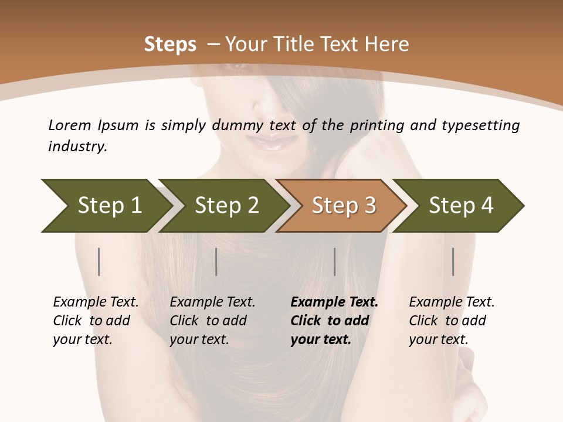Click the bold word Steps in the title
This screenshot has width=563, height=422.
[170, 45]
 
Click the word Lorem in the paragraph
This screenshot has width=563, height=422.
[69, 125]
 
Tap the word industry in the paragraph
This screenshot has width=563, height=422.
[77, 147]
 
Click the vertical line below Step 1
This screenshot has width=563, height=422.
[99, 261]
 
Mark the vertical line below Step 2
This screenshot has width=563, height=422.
[216, 261]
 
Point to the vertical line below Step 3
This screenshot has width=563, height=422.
[334, 261]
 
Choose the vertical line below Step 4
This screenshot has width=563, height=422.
[453, 261]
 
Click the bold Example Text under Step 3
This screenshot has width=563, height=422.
[334, 302]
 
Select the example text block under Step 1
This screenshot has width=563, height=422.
[96, 321]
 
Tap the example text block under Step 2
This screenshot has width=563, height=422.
[212, 321]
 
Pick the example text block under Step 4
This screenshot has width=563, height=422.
[452, 321]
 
